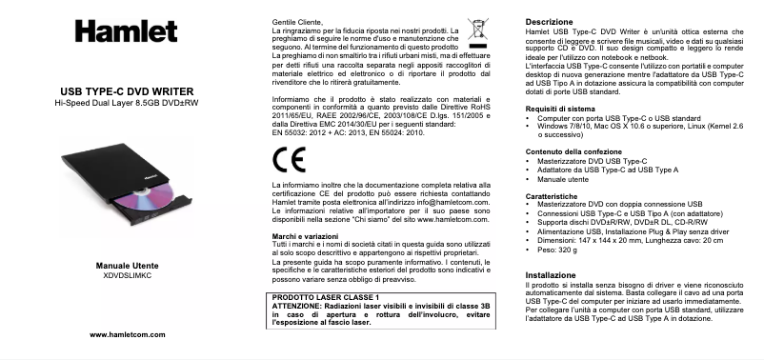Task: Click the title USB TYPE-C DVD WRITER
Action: pos(127,90)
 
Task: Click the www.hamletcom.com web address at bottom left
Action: pos(127,335)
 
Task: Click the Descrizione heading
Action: pos(550,21)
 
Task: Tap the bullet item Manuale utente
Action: pos(564,178)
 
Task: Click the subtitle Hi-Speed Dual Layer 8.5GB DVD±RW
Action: pos(127,102)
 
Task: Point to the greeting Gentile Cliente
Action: pos(297,20)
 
